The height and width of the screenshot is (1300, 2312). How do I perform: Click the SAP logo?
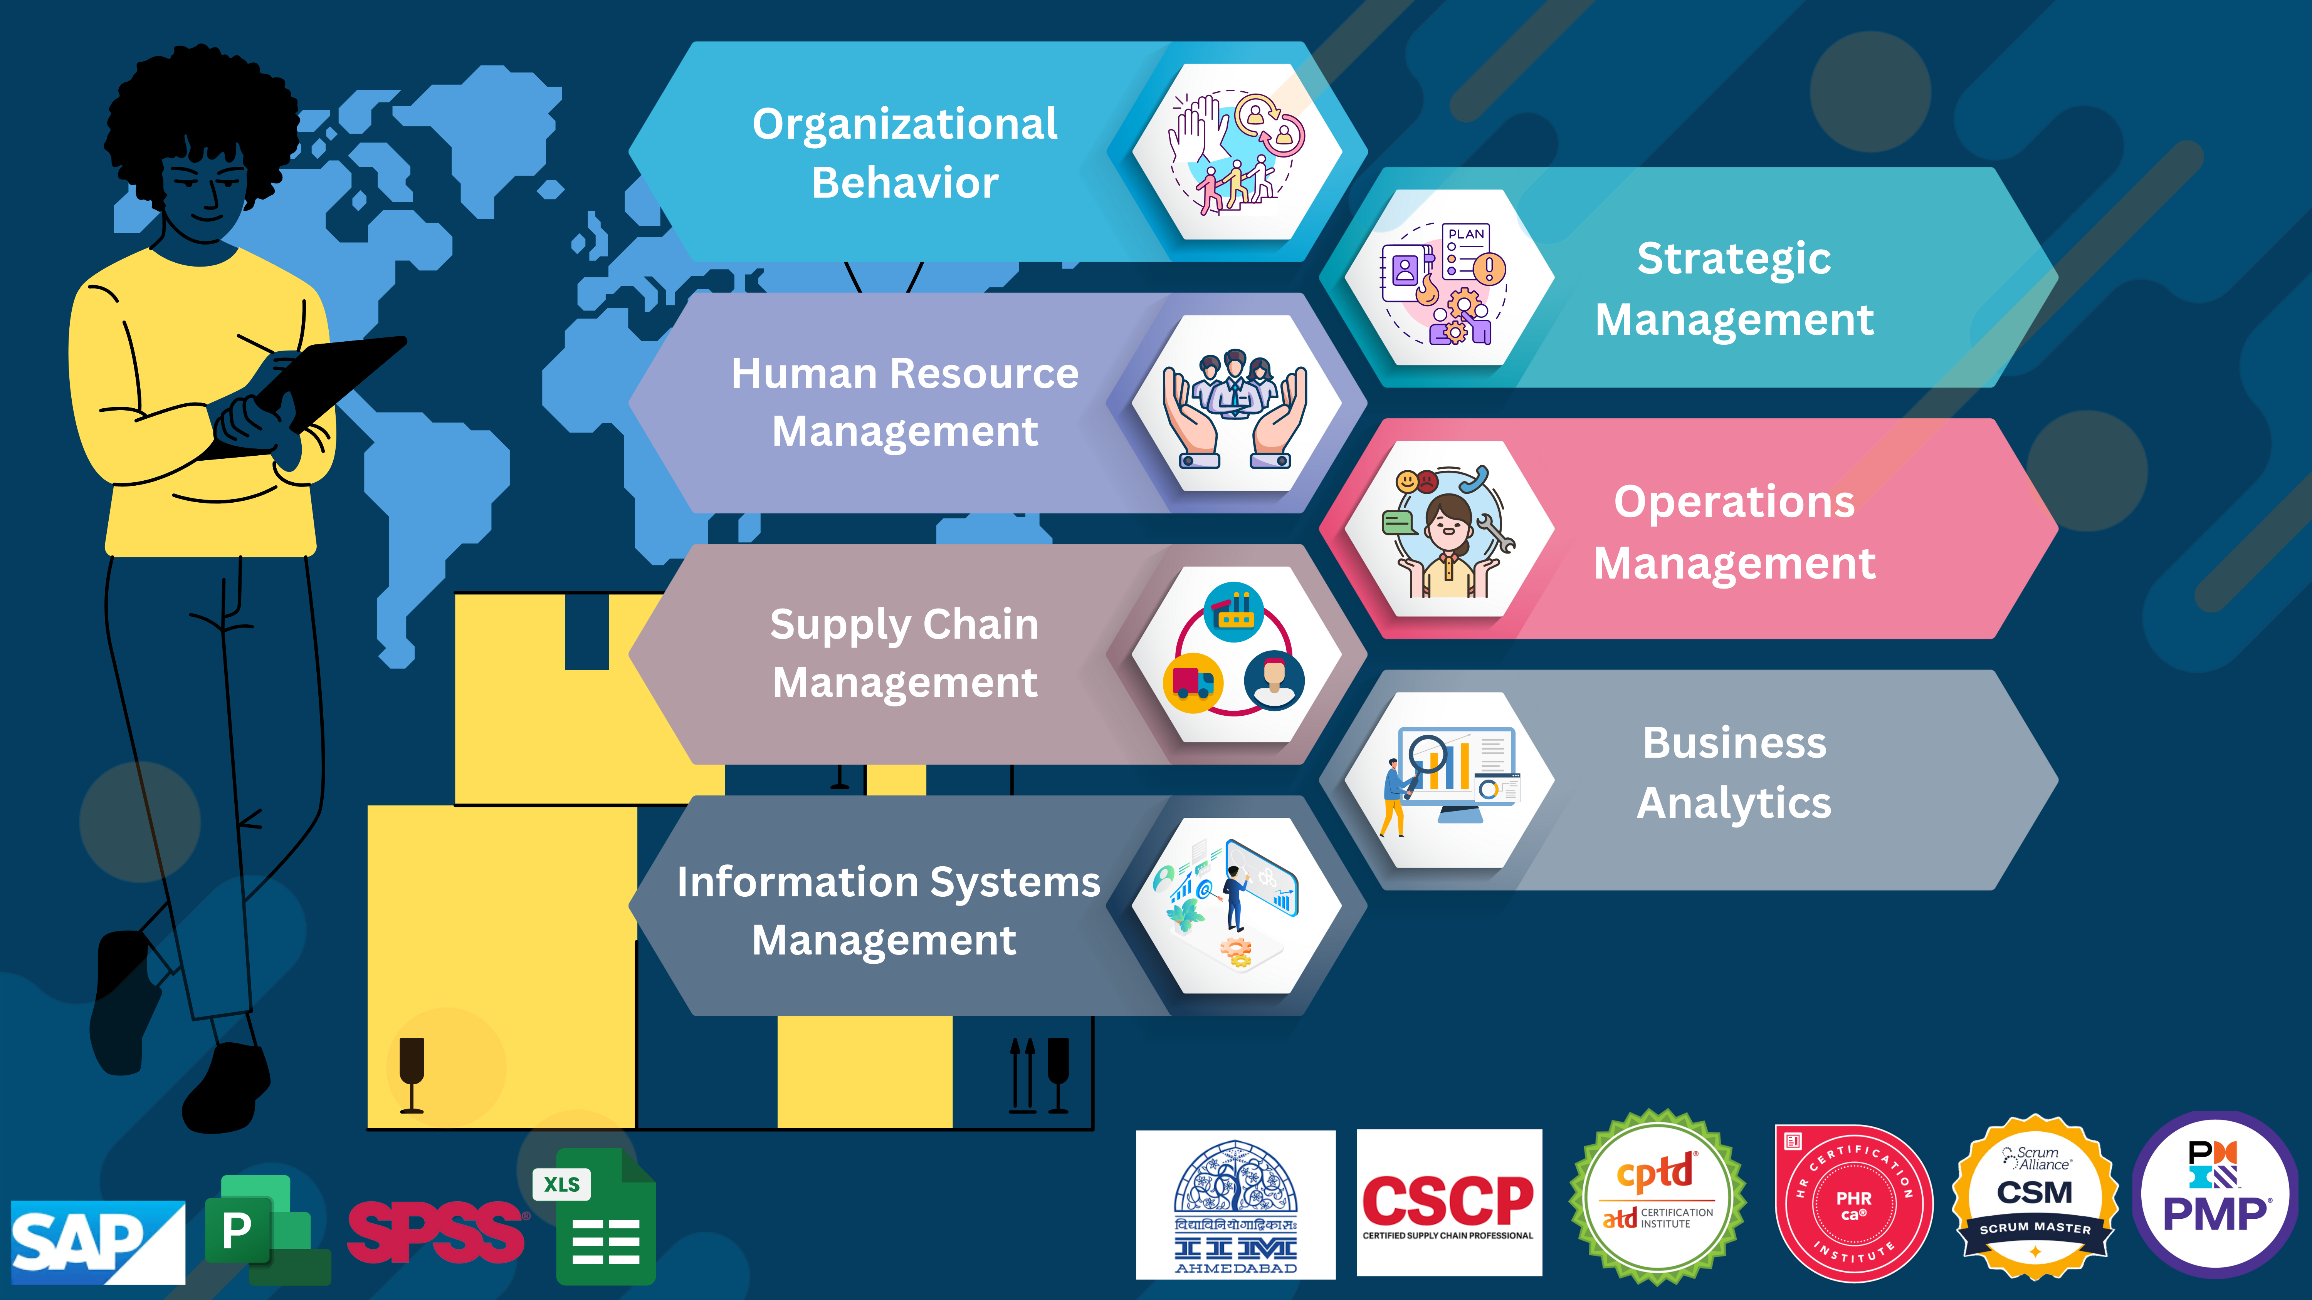(x=97, y=1241)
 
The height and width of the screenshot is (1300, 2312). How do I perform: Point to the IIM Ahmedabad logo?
(x=1235, y=1204)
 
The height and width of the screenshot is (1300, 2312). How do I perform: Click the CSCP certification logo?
(x=1448, y=1202)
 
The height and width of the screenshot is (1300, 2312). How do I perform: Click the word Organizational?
(x=905, y=124)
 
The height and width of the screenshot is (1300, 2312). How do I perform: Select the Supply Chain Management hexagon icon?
(x=1236, y=654)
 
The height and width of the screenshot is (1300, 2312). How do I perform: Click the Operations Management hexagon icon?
(x=1448, y=529)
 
